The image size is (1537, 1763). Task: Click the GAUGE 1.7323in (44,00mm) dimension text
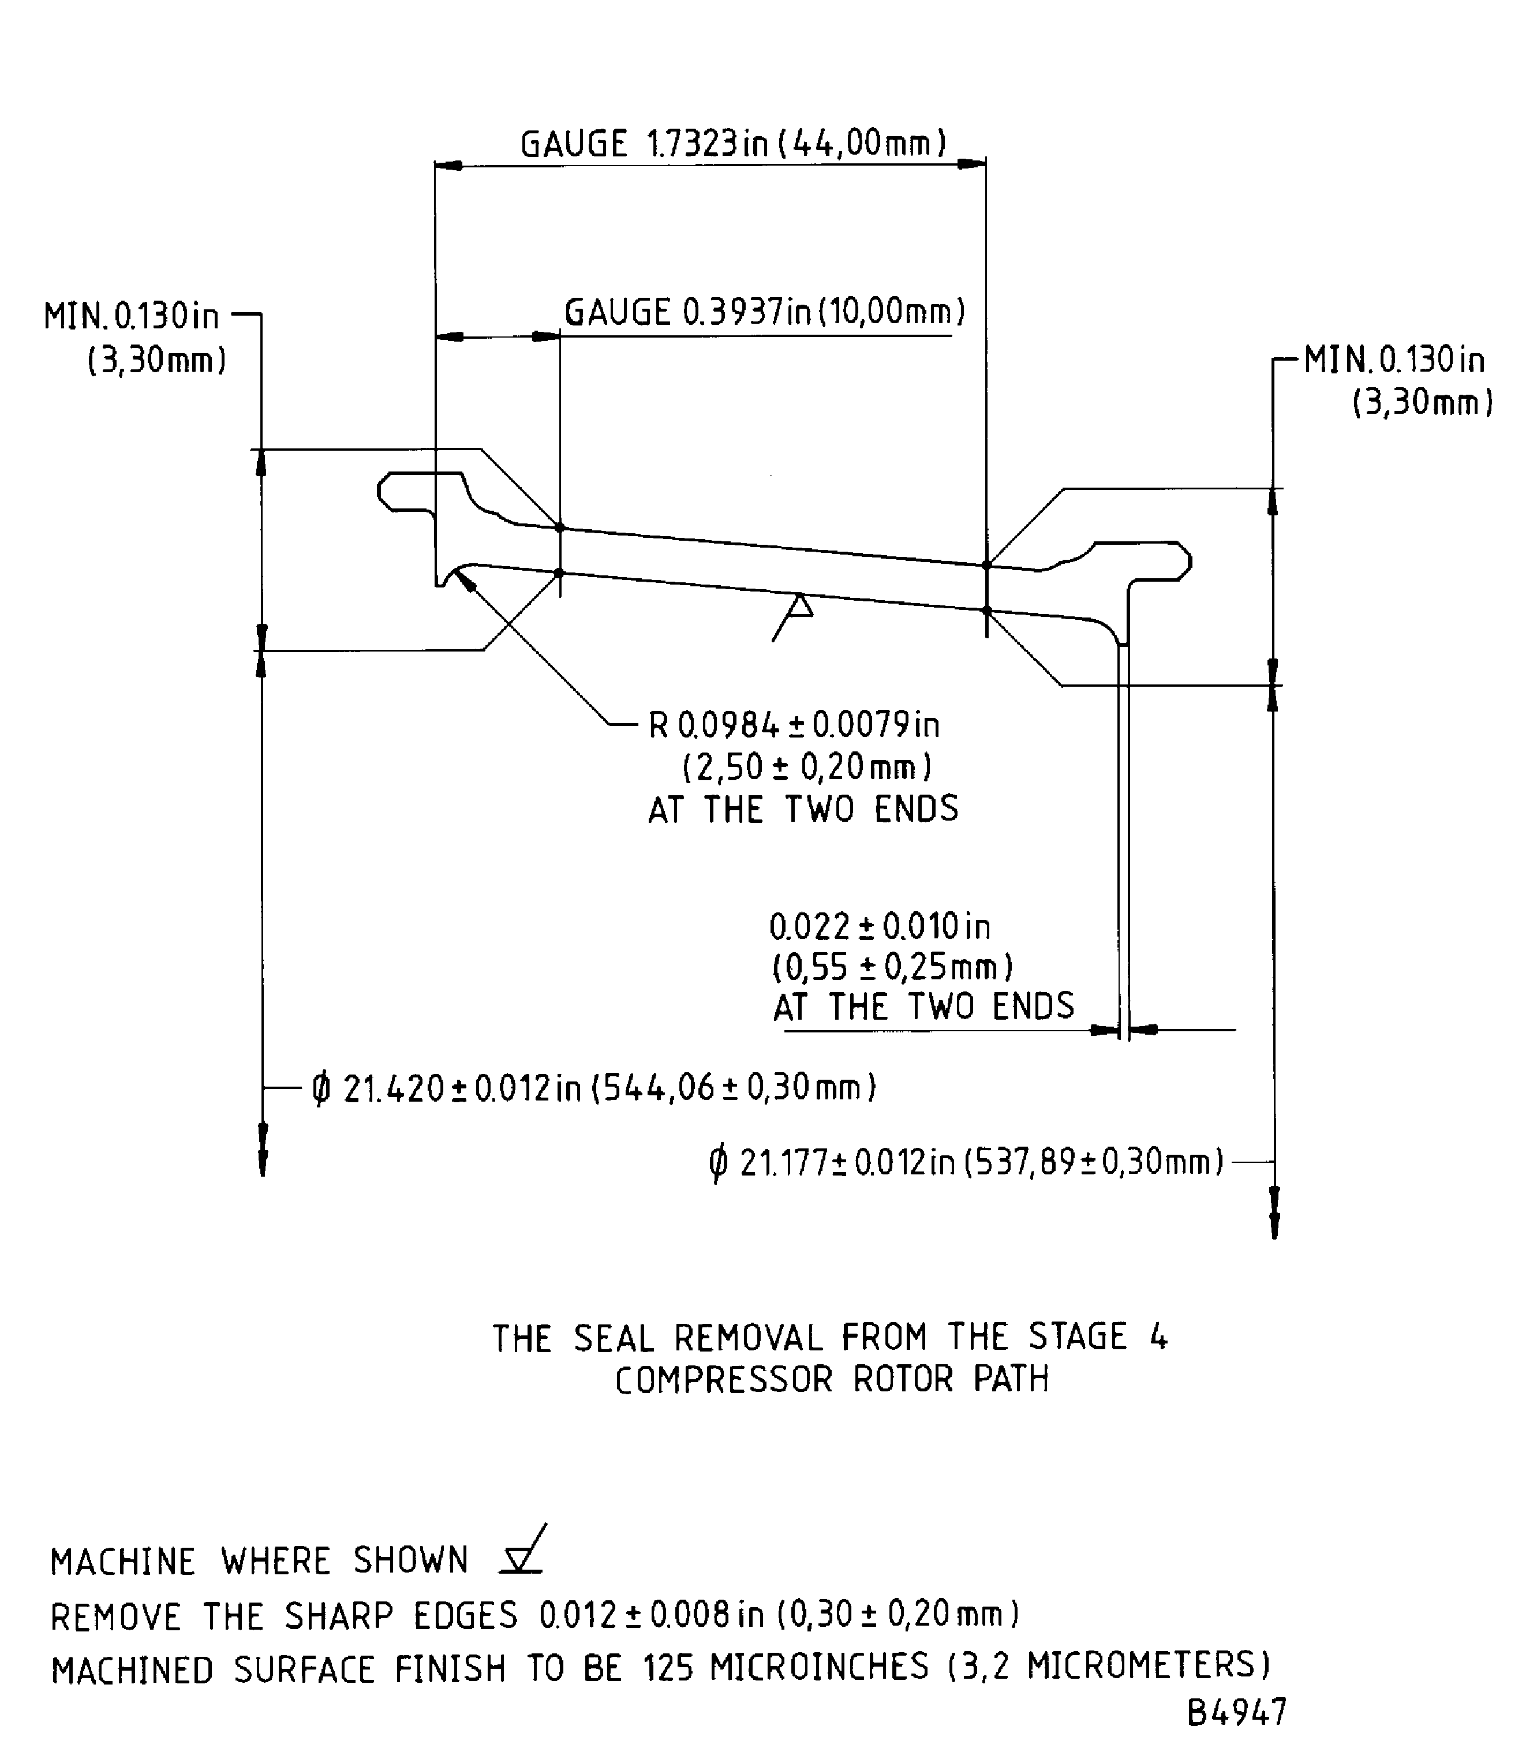pyautogui.click(x=734, y=143)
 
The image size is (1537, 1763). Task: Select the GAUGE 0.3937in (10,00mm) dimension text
pyautogui.click(x=764, y=312)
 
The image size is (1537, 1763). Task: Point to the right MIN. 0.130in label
pyautogui.click(x=1394, y=360)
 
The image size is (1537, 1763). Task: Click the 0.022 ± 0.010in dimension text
pyautogui.click(x=879, y=927)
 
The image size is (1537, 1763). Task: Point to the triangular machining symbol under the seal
pyautogui.click(x=799, y=608)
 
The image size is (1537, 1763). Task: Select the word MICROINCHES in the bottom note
pyautogui.click(x=819, y=1666)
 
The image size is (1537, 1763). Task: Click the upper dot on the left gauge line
pyautogui.click(x=559, y=527)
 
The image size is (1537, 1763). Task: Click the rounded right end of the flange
pyautogui.click(x=1187, y=562)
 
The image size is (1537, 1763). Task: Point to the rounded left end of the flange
pyautogui.click(x=382, y=491)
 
